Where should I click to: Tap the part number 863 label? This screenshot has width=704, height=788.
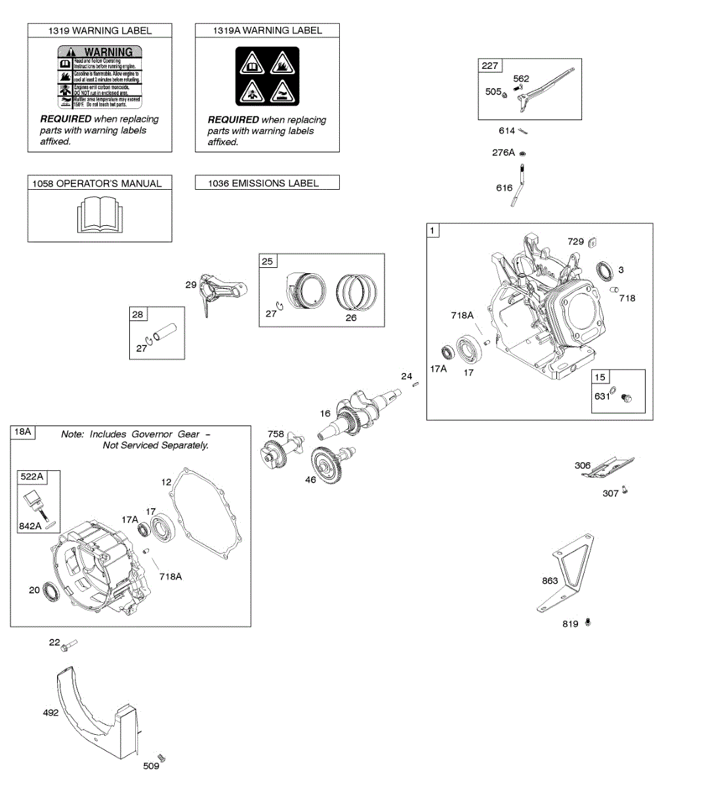click(550, 580)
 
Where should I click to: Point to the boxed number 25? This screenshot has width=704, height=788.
click(268, 261)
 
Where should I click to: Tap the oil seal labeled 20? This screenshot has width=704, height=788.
click(52, 590)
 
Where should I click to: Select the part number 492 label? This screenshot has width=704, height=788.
click(51, 712)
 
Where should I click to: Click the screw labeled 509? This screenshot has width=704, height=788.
click(161, 758)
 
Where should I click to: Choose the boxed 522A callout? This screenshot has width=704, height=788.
click(31, 477)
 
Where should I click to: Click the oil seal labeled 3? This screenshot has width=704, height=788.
click(604, 269)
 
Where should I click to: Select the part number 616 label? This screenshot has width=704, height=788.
click(504, 188)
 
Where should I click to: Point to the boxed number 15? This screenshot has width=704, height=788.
click(600, 377)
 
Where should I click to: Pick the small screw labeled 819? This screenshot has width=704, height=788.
click(587, 621)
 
